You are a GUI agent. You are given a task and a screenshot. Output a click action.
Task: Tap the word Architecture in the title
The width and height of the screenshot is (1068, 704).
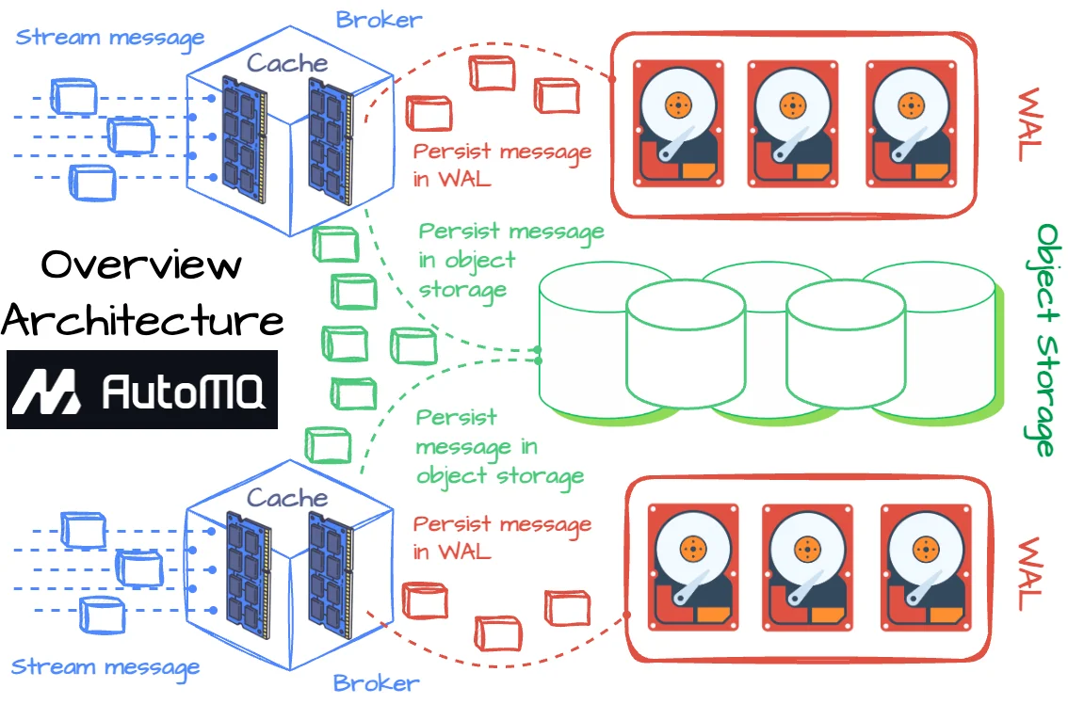pos(143,320)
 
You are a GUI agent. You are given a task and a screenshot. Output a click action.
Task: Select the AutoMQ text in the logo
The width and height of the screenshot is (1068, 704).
pos(183,390)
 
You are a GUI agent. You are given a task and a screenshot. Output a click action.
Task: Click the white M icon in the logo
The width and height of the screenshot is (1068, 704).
pos(47,390)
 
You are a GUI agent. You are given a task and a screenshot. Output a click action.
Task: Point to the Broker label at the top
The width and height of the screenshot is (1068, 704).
pos(380,18)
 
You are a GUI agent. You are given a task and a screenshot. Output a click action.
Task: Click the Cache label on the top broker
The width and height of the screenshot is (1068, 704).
pos(287,64)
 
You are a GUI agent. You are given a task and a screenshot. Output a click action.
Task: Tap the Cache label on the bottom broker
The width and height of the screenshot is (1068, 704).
pos(287,498)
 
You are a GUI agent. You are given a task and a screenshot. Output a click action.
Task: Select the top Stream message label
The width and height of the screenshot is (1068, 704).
pos(110,39)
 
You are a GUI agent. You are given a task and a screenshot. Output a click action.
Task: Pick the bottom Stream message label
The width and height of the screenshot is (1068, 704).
pos(105,668)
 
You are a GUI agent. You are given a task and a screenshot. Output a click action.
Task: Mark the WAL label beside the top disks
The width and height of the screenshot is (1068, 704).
pos(1030,125)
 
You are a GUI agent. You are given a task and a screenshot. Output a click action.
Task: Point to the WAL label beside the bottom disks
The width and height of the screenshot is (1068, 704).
pos(1030,574)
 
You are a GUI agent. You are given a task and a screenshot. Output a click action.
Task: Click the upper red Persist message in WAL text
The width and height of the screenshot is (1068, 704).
pos(502,164)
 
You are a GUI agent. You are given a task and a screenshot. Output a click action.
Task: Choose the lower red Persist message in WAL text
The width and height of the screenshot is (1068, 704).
pos(502,536)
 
